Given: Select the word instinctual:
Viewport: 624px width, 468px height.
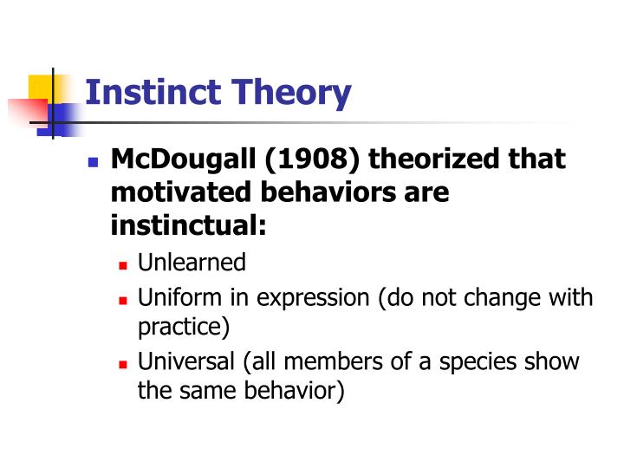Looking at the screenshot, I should click(x=188, y=224).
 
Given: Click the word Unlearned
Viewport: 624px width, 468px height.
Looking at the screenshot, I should click(x=192, y=263).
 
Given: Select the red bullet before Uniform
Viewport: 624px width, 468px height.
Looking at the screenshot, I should click(x=123, y=300).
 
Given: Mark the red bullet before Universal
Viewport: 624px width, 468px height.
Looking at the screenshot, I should click(x=123, y=362).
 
